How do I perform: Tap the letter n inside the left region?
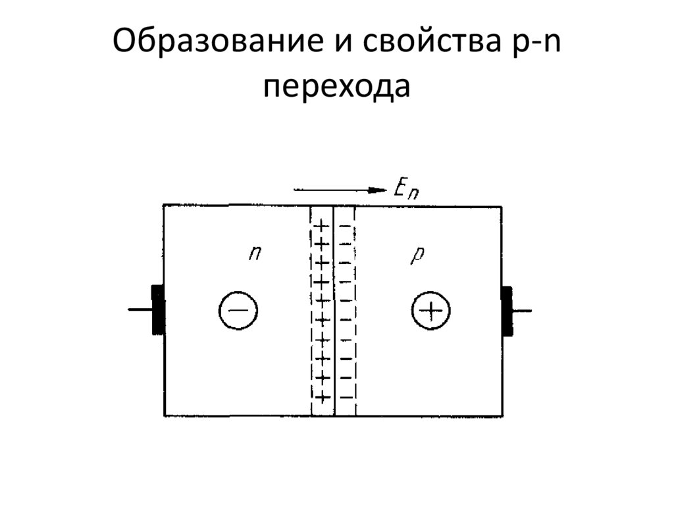coord(255,253)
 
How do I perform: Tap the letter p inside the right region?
coord(416,255)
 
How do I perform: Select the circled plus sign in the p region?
coord(431,310)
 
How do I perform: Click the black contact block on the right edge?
coord(507,311)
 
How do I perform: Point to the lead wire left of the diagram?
coord(140,309)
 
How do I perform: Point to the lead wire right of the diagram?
coord(523,311)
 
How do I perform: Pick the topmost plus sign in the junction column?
coord(321,226)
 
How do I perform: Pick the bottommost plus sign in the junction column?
coord(322,397)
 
